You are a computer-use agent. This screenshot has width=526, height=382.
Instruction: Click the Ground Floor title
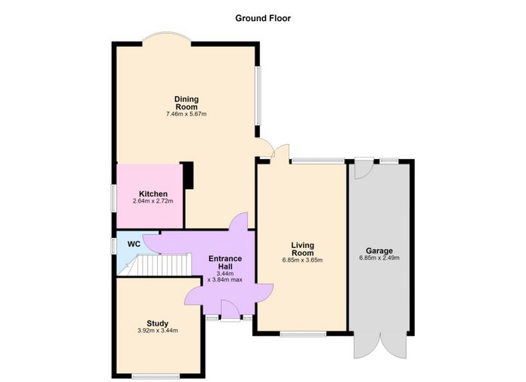[x=263, y=18]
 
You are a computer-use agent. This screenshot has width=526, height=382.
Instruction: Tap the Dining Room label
[x=186, y=103]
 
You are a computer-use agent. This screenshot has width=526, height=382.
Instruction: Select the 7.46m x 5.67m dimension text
[x=186, y=114]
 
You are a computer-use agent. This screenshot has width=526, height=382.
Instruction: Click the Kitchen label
[x=153, y=194]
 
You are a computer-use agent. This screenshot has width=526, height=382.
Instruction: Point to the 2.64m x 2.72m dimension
[x=153, y=201]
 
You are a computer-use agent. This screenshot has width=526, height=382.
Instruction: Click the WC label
[x=134, y=244]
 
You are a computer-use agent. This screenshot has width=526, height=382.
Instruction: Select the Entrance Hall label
[x=225, y=263]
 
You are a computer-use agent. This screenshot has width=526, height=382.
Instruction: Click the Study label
[x=157, y=323]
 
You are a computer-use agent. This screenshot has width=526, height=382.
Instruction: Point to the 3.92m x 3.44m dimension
[x=158, y=331]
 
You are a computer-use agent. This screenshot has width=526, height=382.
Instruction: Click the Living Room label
[x=303, y=249]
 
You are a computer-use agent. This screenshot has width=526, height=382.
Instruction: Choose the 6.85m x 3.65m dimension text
[x=303, y=260]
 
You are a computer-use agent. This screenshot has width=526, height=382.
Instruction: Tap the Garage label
[x=379, y=251]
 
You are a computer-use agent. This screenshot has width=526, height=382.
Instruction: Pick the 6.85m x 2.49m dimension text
[x=379, y=258]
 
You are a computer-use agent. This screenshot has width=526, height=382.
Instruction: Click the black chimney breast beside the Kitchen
[x=189, y=176]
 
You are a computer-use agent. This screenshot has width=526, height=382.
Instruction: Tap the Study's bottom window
[x=156, y=377]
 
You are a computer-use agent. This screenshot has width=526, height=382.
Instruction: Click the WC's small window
[x=114, y=244]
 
